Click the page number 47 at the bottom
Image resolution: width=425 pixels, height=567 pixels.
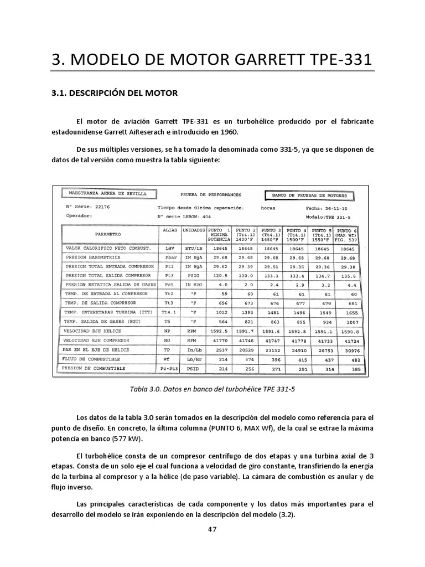(212, 529)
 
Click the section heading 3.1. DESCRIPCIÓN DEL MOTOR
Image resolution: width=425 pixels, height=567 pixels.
(114, 93)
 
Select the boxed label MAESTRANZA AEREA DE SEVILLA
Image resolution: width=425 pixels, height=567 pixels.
(107, 194)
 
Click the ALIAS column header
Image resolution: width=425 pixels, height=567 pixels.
(170, 229)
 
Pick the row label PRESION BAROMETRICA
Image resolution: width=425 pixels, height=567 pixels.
(94, 257)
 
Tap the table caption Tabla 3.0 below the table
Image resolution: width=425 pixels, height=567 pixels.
(212, 389)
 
